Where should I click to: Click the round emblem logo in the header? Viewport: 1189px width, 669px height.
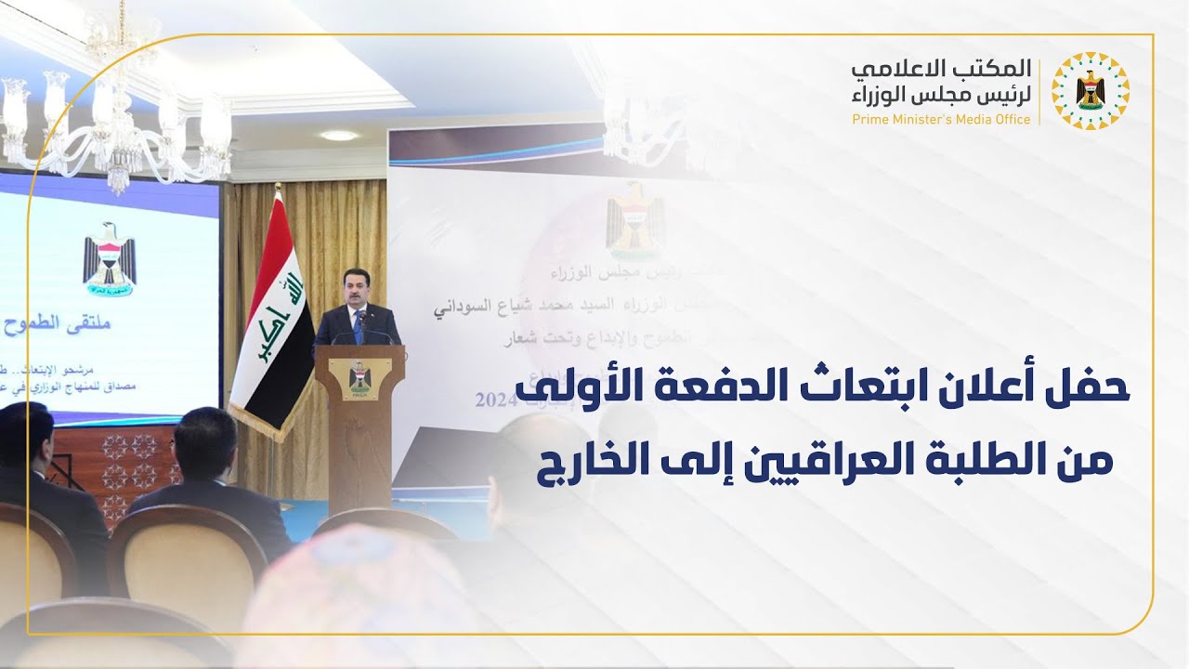[x=1090, y=90]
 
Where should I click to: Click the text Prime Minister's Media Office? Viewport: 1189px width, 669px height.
[x=941, y=120]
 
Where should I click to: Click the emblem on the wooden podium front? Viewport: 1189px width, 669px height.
[x=359, y=380]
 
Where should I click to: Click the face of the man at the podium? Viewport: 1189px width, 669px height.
[x=357, y=293]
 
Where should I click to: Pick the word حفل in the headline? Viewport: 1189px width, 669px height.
[x=1097, y=387]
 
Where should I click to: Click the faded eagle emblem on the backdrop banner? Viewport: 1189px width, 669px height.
[x=635, y=221]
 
